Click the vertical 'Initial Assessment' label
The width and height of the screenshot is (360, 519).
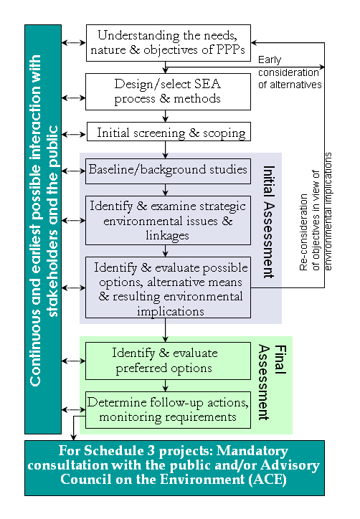pyautogui.click(x=267, y=222)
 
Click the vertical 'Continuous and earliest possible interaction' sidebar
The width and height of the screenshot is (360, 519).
pyautogui.click(x=43, y=229)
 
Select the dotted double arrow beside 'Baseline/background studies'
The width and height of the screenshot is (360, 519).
pyautogui.click(x=73, y=171)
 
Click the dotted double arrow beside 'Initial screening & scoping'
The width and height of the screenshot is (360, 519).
pyautogui.click(x=73, y=133)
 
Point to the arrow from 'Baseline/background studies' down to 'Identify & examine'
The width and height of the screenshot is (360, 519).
pyautogui.click(x=166, y=190)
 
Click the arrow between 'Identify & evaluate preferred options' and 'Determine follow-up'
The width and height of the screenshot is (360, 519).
pyautogui.click(x=166, y=385)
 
